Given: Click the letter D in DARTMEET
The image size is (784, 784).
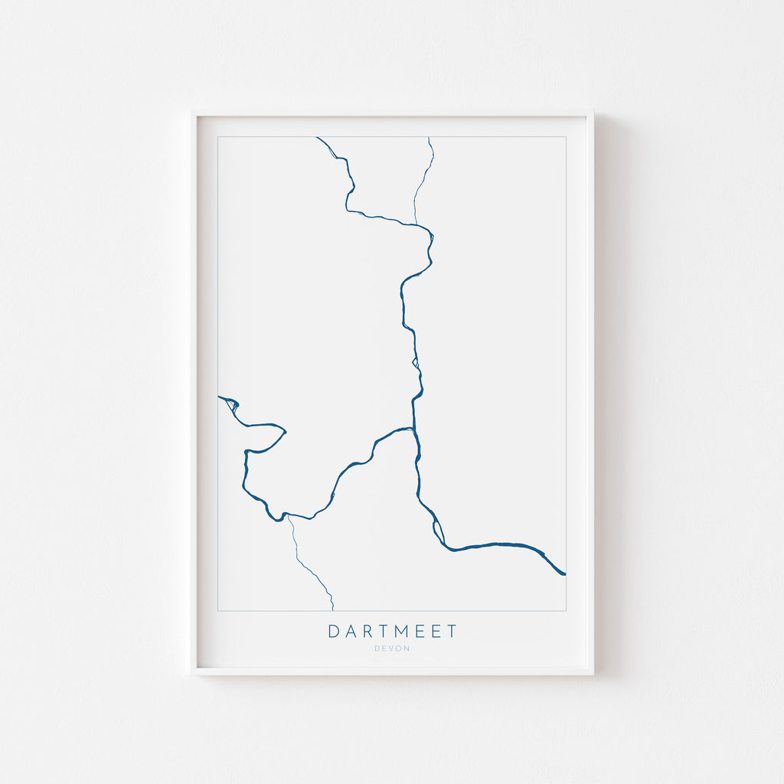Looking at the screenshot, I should click(334, 632).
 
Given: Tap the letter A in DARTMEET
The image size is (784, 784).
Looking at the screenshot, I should click(351, 632).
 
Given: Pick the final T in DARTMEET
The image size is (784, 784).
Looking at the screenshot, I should click(452, 632).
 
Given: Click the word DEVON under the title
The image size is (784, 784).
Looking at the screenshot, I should click(392, 648).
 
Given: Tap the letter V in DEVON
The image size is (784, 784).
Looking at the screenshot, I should click(392, 648).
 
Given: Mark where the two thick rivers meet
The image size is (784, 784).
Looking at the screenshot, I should click(413, 428).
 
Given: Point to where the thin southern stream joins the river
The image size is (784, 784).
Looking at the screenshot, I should click(289, 517).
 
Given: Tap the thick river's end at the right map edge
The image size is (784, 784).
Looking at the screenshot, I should click(565, 573).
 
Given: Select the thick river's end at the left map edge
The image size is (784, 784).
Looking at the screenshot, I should click(219, 397).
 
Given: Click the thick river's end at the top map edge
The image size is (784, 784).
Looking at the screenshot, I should click(317, 138).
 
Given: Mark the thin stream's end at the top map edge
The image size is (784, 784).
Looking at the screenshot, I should click(429, 138).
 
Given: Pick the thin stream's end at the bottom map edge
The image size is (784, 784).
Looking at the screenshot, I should click(333, 610).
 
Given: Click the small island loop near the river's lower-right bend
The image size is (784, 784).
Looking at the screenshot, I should click(439, 530).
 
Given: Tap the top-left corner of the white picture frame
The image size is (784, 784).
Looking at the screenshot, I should click(192, 112).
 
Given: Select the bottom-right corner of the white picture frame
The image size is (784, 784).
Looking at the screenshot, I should click(593, 674).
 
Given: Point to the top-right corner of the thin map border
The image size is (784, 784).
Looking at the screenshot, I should click(566, 137).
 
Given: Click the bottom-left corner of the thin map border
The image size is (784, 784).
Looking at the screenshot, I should click(218, 611).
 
